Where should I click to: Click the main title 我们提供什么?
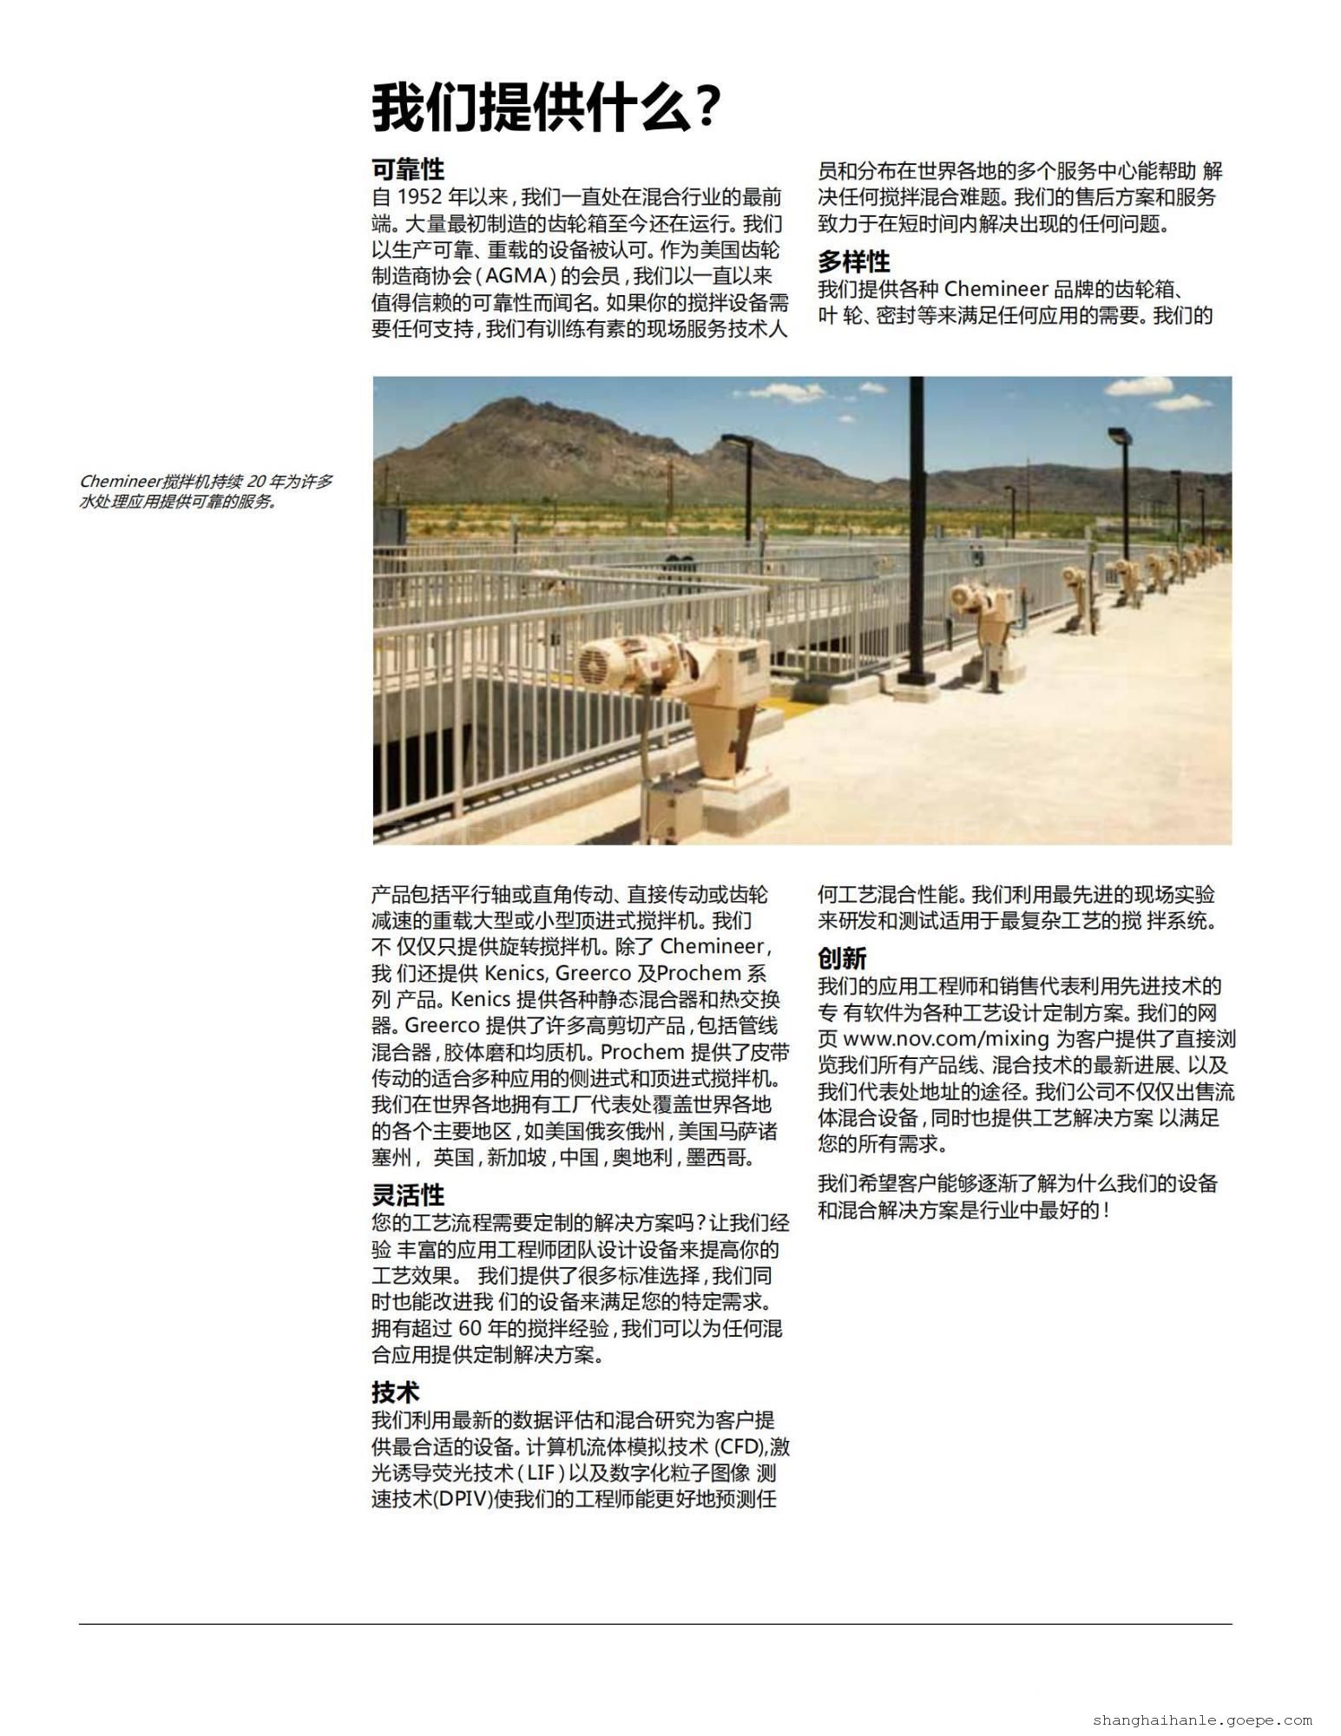point(546,108)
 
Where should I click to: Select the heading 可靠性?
point(408,168)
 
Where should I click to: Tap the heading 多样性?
point(854,261)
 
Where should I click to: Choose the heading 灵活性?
point(408,1195)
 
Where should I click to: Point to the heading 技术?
point(396,1392)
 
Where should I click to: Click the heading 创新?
point(842,958)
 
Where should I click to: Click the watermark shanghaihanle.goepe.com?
point(1202,1719)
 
